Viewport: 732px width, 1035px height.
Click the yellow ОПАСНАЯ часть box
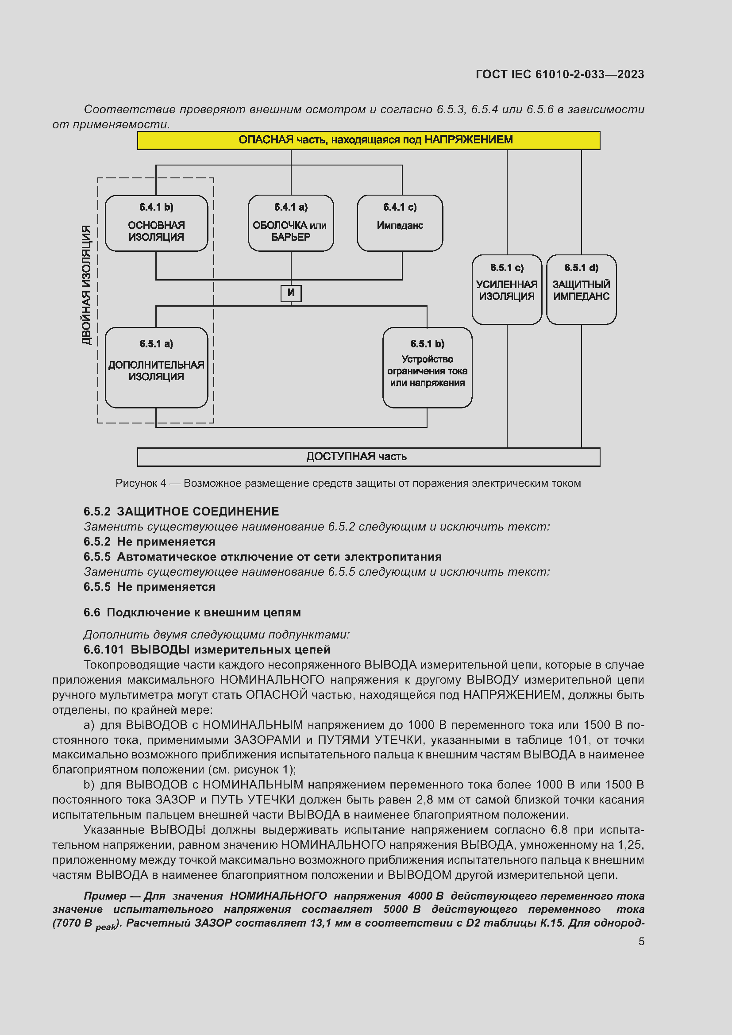pyautogui.click(x=368, y=140)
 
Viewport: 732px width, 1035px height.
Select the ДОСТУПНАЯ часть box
pyautogui.click(x=368, y=457)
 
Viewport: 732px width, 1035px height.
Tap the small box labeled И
pyautogui.click(x=291, y=293)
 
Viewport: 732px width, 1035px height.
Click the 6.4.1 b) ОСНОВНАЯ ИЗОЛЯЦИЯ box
pyautogui.click(x=156, y=223)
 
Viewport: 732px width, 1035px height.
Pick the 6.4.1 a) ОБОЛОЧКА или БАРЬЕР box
pyautogui.click(x=291, y=223)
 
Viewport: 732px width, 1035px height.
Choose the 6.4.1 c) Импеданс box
pyautogui.click(x=400, y=223)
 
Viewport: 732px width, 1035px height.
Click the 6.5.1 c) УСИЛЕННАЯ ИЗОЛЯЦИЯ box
pyautogui.click(x=507, y=289)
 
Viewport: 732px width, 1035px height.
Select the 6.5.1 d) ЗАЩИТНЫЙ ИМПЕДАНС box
pyautogui.click(x=581, y=289)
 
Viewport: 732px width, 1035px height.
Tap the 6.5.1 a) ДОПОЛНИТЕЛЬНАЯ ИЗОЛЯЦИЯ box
pyautogui.click(x=156, y=367)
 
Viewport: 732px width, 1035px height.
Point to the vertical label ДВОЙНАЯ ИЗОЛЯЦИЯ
pyautogui.click(x=86, y=285)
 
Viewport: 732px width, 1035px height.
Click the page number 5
pyautogui.click(x=641, y=941)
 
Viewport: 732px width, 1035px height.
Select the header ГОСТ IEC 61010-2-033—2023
pyautogui.click(x=559, y=74)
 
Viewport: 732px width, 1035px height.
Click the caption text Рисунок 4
pyautogui.click(x=140, y=483)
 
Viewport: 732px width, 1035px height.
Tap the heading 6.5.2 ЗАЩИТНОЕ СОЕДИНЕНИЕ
pyautogui.click(x=181, y=512)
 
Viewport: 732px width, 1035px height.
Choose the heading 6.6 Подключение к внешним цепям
pyautogui.click(x=192, y=612)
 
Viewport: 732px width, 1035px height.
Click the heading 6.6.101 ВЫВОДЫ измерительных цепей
pyautogui.click(x=207, y=650)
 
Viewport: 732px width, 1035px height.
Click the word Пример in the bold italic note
pyautogui.click(x=104, y=896)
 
